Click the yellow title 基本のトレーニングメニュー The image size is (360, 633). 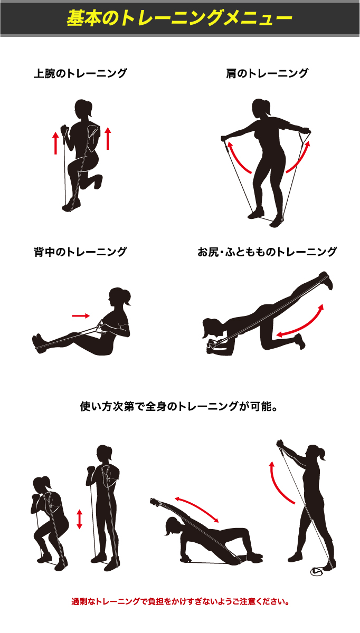pyautogui.click(x=179, y=18)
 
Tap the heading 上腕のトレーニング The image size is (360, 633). pyautogui.click(x=80, y=73)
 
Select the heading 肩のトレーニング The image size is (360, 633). pyautogui.click(x=267, y=73)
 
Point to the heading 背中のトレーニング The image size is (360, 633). pyautogui.click(x=80, y=252)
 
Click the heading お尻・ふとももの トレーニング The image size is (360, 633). pyautogui.click(x=267, y=252)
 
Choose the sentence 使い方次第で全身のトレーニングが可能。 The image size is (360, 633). pyautogui.click(x=178, y=407)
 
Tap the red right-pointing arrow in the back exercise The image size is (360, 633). pyautogui.click(x=81, y=315)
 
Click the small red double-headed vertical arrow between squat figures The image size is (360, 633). pyautogui.click(x=80, y=519)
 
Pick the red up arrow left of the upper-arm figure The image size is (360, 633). pyautogui.click(x=56, y=143)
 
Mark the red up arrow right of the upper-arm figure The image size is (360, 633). pyautogui.click(x=108, y=138)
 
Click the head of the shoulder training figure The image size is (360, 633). pyautogui.click(x=261, y=109)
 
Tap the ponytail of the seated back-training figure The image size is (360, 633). pyautogui.click(x=127, y=298)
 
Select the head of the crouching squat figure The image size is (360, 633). pyautogui.click(x=42, y=486)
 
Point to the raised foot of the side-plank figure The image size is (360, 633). pyautogui.click(x=156, y=501)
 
